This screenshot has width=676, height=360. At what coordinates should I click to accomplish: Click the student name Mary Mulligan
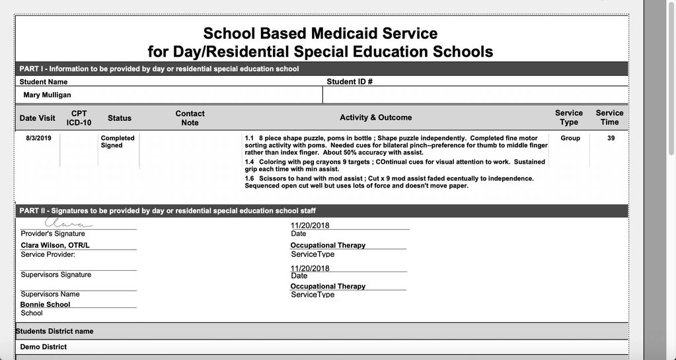click(48, 95)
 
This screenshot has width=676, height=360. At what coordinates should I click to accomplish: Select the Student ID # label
click(350, 82)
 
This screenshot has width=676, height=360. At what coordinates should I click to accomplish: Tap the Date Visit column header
click(38, 118)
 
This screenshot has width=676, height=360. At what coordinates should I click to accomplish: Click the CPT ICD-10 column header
click(79, 118)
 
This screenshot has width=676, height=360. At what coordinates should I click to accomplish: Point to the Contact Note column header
click(190, 118)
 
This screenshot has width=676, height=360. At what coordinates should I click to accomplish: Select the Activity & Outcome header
click(375, 118)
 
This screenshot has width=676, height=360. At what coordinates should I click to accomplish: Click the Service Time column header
click(609, 118)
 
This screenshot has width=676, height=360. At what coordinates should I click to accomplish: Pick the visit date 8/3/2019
click(38, 138)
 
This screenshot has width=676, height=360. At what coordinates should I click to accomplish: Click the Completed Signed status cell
click(118, 141)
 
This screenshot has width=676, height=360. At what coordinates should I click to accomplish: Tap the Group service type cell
click(570, 138)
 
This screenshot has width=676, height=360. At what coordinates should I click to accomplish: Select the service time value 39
click(611, 138)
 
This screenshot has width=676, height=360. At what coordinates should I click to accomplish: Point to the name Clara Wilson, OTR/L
click(55, 246)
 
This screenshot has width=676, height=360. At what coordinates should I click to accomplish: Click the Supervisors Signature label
click(56, 275)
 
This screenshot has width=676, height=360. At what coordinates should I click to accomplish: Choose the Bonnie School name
click(45, 305)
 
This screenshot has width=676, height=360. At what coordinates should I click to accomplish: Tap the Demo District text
click(44, 347)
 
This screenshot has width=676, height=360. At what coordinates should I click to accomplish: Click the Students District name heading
click(55, 331)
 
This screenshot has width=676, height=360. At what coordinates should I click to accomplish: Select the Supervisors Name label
click(50, 295)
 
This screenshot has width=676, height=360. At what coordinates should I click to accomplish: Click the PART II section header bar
click(321, 211)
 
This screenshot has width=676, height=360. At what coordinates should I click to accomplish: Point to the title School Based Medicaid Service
click(320, 33)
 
